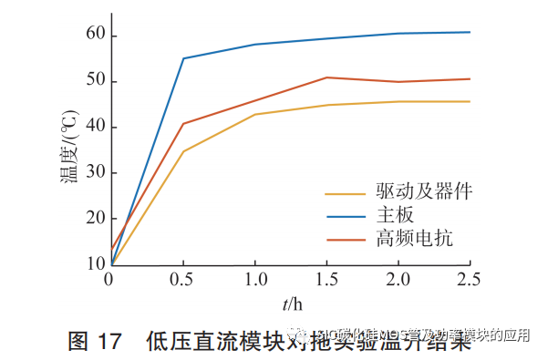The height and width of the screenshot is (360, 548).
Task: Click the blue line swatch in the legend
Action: coord(345,216)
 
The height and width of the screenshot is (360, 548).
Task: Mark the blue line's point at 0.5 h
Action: coord(183,58)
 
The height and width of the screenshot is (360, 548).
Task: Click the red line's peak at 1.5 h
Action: coord(326,77)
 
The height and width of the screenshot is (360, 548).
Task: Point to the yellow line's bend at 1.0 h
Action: coord(255,114)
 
